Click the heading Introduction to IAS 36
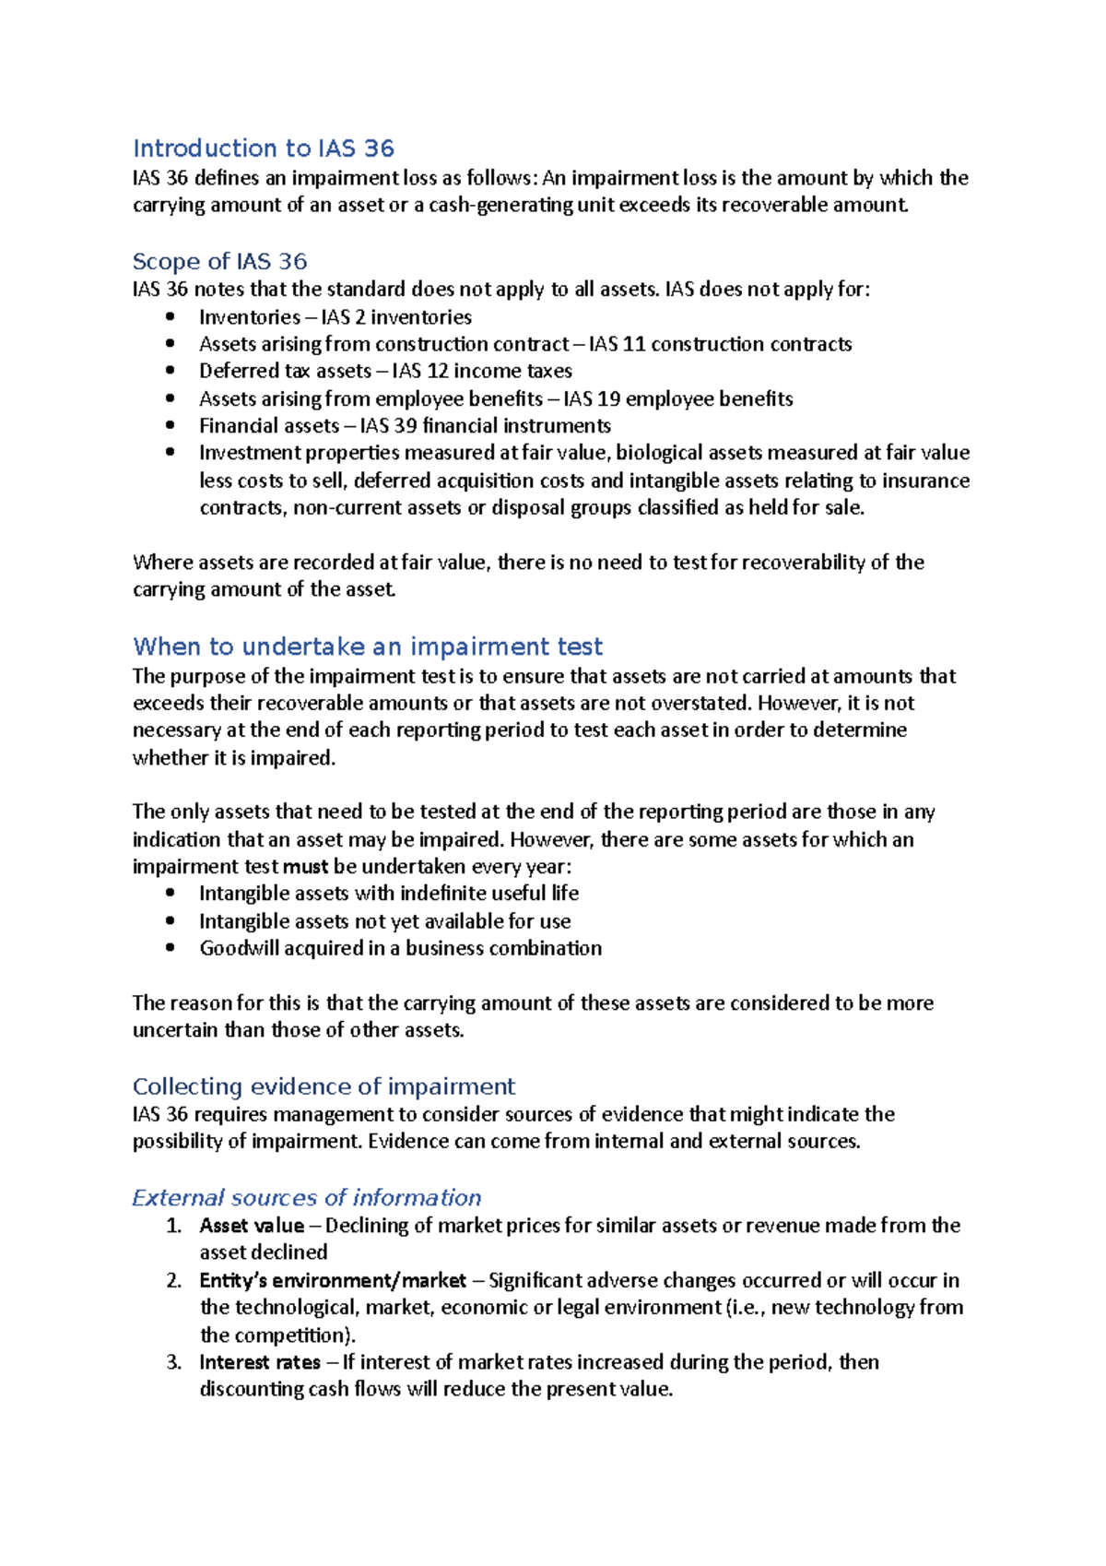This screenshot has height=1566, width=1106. pos(264,148)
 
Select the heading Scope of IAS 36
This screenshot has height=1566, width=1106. pos(219,261)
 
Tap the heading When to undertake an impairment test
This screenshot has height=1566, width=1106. pos(368,646)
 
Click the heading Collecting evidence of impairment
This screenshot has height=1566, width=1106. pos(324,1086)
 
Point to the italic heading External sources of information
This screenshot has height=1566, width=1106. pos(306,1197)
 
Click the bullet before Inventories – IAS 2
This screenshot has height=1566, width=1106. pos(170,317)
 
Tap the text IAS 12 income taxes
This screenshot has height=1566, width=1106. pos(482,371)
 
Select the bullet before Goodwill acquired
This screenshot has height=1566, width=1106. pos(170,948)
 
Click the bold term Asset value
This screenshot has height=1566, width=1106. pos(252,1225)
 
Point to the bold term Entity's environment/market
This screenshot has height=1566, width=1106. pos(333,1280)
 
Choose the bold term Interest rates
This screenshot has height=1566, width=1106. pos(260,1362)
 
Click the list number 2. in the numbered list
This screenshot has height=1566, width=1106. pos(174,1280)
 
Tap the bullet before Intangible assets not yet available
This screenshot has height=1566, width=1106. pos(170,920)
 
